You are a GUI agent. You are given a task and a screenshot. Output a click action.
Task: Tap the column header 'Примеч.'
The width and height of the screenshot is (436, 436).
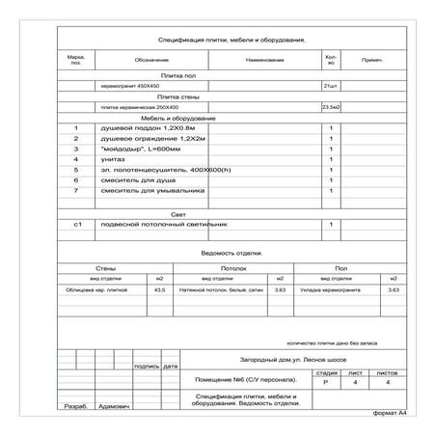372,61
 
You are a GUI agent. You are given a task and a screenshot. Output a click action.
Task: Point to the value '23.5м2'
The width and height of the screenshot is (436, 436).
331,106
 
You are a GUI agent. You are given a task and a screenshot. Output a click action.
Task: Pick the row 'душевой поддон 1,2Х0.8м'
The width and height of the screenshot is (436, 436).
141,127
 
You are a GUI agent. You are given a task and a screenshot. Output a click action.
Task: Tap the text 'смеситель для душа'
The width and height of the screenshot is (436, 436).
134,180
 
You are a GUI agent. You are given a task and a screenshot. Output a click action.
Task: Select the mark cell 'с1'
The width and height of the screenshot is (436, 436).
77,224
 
